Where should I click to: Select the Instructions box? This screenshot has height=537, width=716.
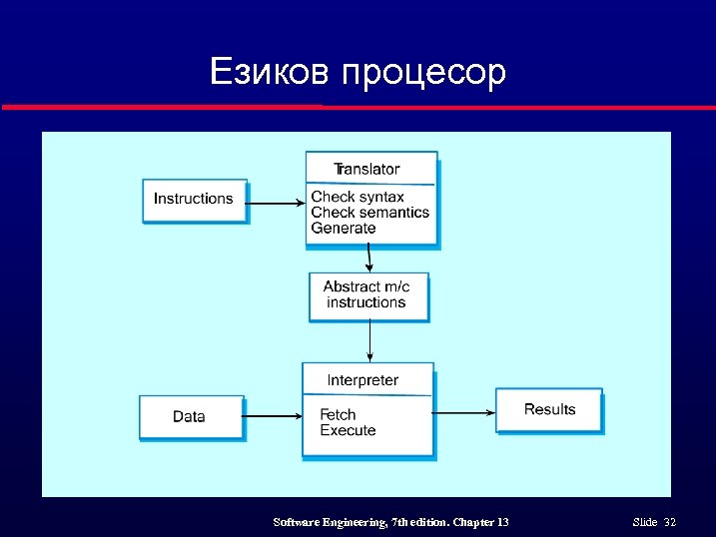[x=194, y=200]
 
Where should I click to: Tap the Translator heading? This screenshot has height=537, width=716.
[x=366, y=169]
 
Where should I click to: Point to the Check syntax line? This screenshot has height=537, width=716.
[x=358, y=197]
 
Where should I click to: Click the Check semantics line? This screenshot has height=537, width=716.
[x=369, y=212]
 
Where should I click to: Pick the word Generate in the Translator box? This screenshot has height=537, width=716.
[x=344, y=228]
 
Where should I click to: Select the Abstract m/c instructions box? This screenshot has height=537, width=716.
[x=367, y=295]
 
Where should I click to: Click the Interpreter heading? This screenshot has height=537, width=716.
[x=362, y=380]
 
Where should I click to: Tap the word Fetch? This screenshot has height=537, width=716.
[x=338, y=414]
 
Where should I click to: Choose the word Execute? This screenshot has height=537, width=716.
[x=348, y=430]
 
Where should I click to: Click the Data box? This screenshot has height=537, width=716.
[x=190, y=416]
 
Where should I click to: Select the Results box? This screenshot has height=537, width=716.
[x=549, y=409]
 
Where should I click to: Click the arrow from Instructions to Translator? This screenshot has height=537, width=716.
[x=276, y=204]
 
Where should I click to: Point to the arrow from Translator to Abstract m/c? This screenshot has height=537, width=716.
[x=368, y=259]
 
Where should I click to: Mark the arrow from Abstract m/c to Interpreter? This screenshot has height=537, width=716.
[x=370, y=341]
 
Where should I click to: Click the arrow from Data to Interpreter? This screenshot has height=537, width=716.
[x=273, y=415]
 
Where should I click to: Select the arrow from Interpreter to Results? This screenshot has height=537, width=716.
[x=464, y=412]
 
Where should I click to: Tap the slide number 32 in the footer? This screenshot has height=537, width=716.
[x=669, y=523]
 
